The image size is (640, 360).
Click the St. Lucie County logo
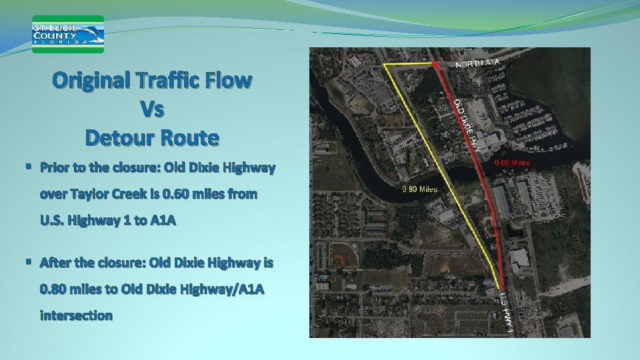(69, 34)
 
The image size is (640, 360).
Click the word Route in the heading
(192, 137)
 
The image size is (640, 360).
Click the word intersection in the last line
(76, 315)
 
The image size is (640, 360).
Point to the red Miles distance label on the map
(511, 162)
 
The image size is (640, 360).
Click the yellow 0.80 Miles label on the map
(421, 189)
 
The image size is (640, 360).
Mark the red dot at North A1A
(435, 63)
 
